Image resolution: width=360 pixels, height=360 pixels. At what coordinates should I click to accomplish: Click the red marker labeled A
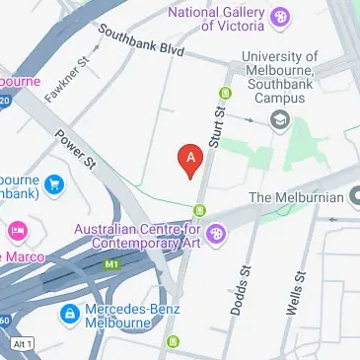click(x=189, y=159)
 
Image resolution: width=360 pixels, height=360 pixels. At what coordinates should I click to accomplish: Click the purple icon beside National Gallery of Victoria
click(x=282, y=17)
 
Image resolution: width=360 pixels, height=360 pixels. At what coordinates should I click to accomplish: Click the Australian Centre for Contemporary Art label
click(x=137, y=236)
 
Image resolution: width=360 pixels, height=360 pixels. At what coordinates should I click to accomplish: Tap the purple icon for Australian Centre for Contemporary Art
click(x=217, y=233)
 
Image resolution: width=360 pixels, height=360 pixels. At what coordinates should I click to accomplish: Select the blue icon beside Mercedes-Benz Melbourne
click(x=70, y=315)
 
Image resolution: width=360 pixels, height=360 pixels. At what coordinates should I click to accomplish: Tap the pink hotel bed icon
click(x=17, y=231)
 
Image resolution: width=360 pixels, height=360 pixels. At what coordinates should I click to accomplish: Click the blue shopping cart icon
click(x=54, y=182)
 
